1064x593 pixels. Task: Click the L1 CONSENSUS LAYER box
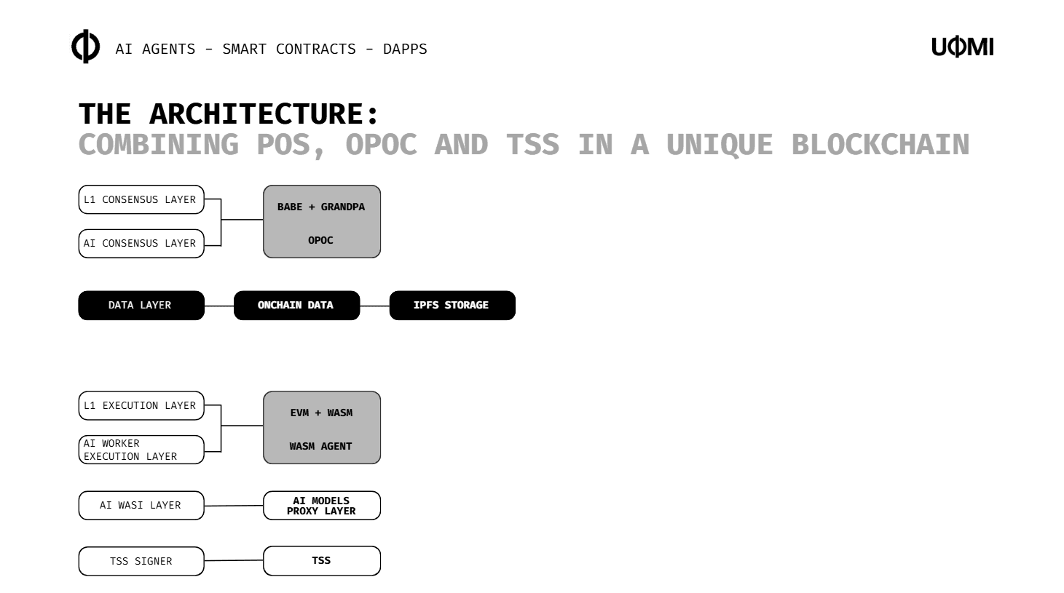pyautogui.click(x=141, y=199)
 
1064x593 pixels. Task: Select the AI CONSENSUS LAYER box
pyautogui.click(x=141, y=243)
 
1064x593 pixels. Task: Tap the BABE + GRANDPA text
pyautogui.click(x=321, y=207)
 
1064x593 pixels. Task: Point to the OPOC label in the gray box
pyautogui.click(x=320, y=240)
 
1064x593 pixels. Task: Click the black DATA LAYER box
pyautogui.click(x=141, y=305)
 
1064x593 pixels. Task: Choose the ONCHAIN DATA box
pyautogui.click(x=296, y=305)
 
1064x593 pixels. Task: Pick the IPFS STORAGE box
pyautogui.click(x=452, y=305)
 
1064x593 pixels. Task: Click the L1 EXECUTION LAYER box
pyautogui.click(x=141, y=405)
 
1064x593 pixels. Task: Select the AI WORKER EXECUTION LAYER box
pyautogui.click(x=141, y=450)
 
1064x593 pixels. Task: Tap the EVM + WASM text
pyautogui.click(x=321, y=413)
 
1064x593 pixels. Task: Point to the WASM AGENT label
pyautogui.click(x=320, y=446)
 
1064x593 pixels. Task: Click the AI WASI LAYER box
pyautogui.click(x=141, y=505)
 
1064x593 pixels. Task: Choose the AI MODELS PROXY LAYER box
pyautogui.click(x=321, y=506)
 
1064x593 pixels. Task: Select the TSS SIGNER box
pyautogui.click(x=141, y=561)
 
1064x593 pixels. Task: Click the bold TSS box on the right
pyautogui.click(x=321, y=560)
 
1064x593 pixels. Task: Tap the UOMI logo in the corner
pyautogui.click(x=962, y=47)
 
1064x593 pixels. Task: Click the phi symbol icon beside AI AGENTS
pyautogui.click(x=86, y=47)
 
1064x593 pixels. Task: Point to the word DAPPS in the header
pyautogui.click(x=405, y=49)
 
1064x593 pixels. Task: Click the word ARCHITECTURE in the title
pyautogui.click(x=264, y=114)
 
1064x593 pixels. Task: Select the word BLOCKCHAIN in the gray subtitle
pyautogui.click(x=880, y=144)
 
